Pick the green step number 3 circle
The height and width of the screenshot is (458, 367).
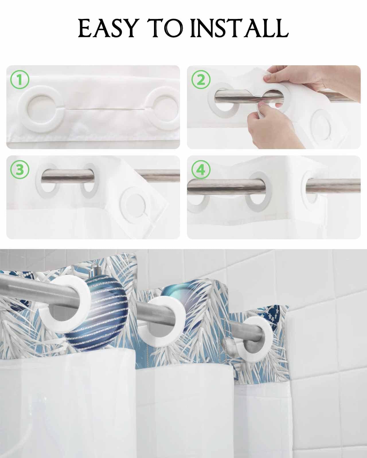(x=19, y=170)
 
